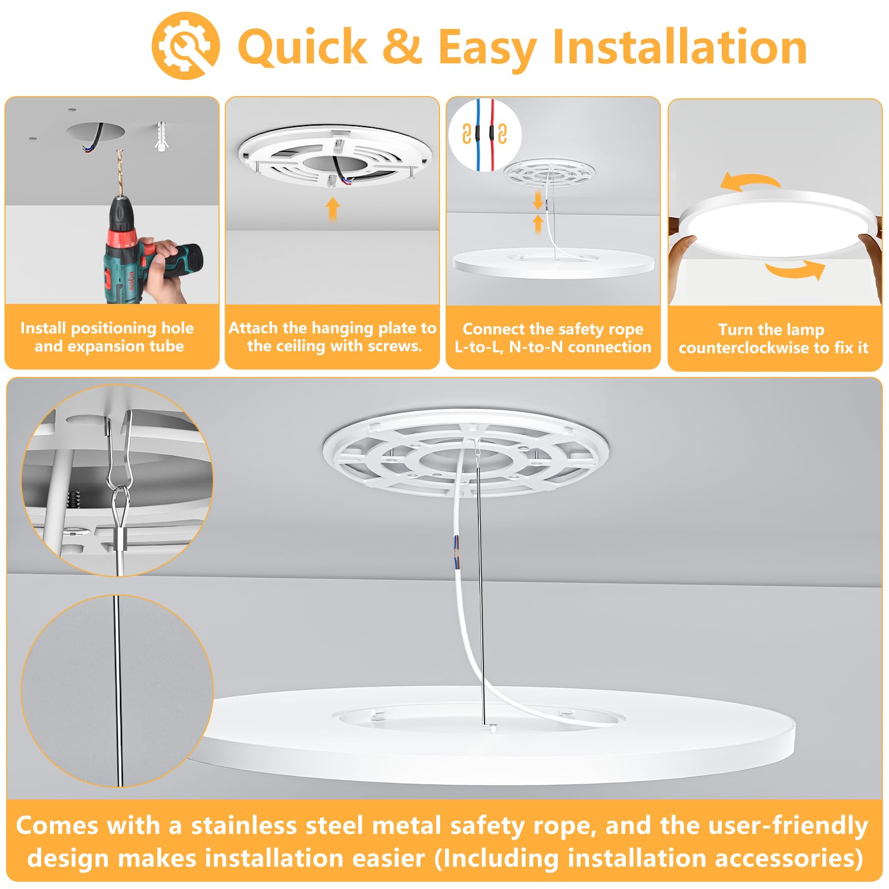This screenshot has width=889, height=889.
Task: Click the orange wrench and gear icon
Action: [186, 46]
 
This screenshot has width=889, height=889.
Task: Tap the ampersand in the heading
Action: [403, 47]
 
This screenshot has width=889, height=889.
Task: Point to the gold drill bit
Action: [119, 172]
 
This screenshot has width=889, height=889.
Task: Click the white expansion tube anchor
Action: [161, 135]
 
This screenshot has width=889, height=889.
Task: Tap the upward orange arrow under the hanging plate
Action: [332, 209]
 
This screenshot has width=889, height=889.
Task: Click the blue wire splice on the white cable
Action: [456, 552]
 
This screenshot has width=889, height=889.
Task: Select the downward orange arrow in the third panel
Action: [537, 201]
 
